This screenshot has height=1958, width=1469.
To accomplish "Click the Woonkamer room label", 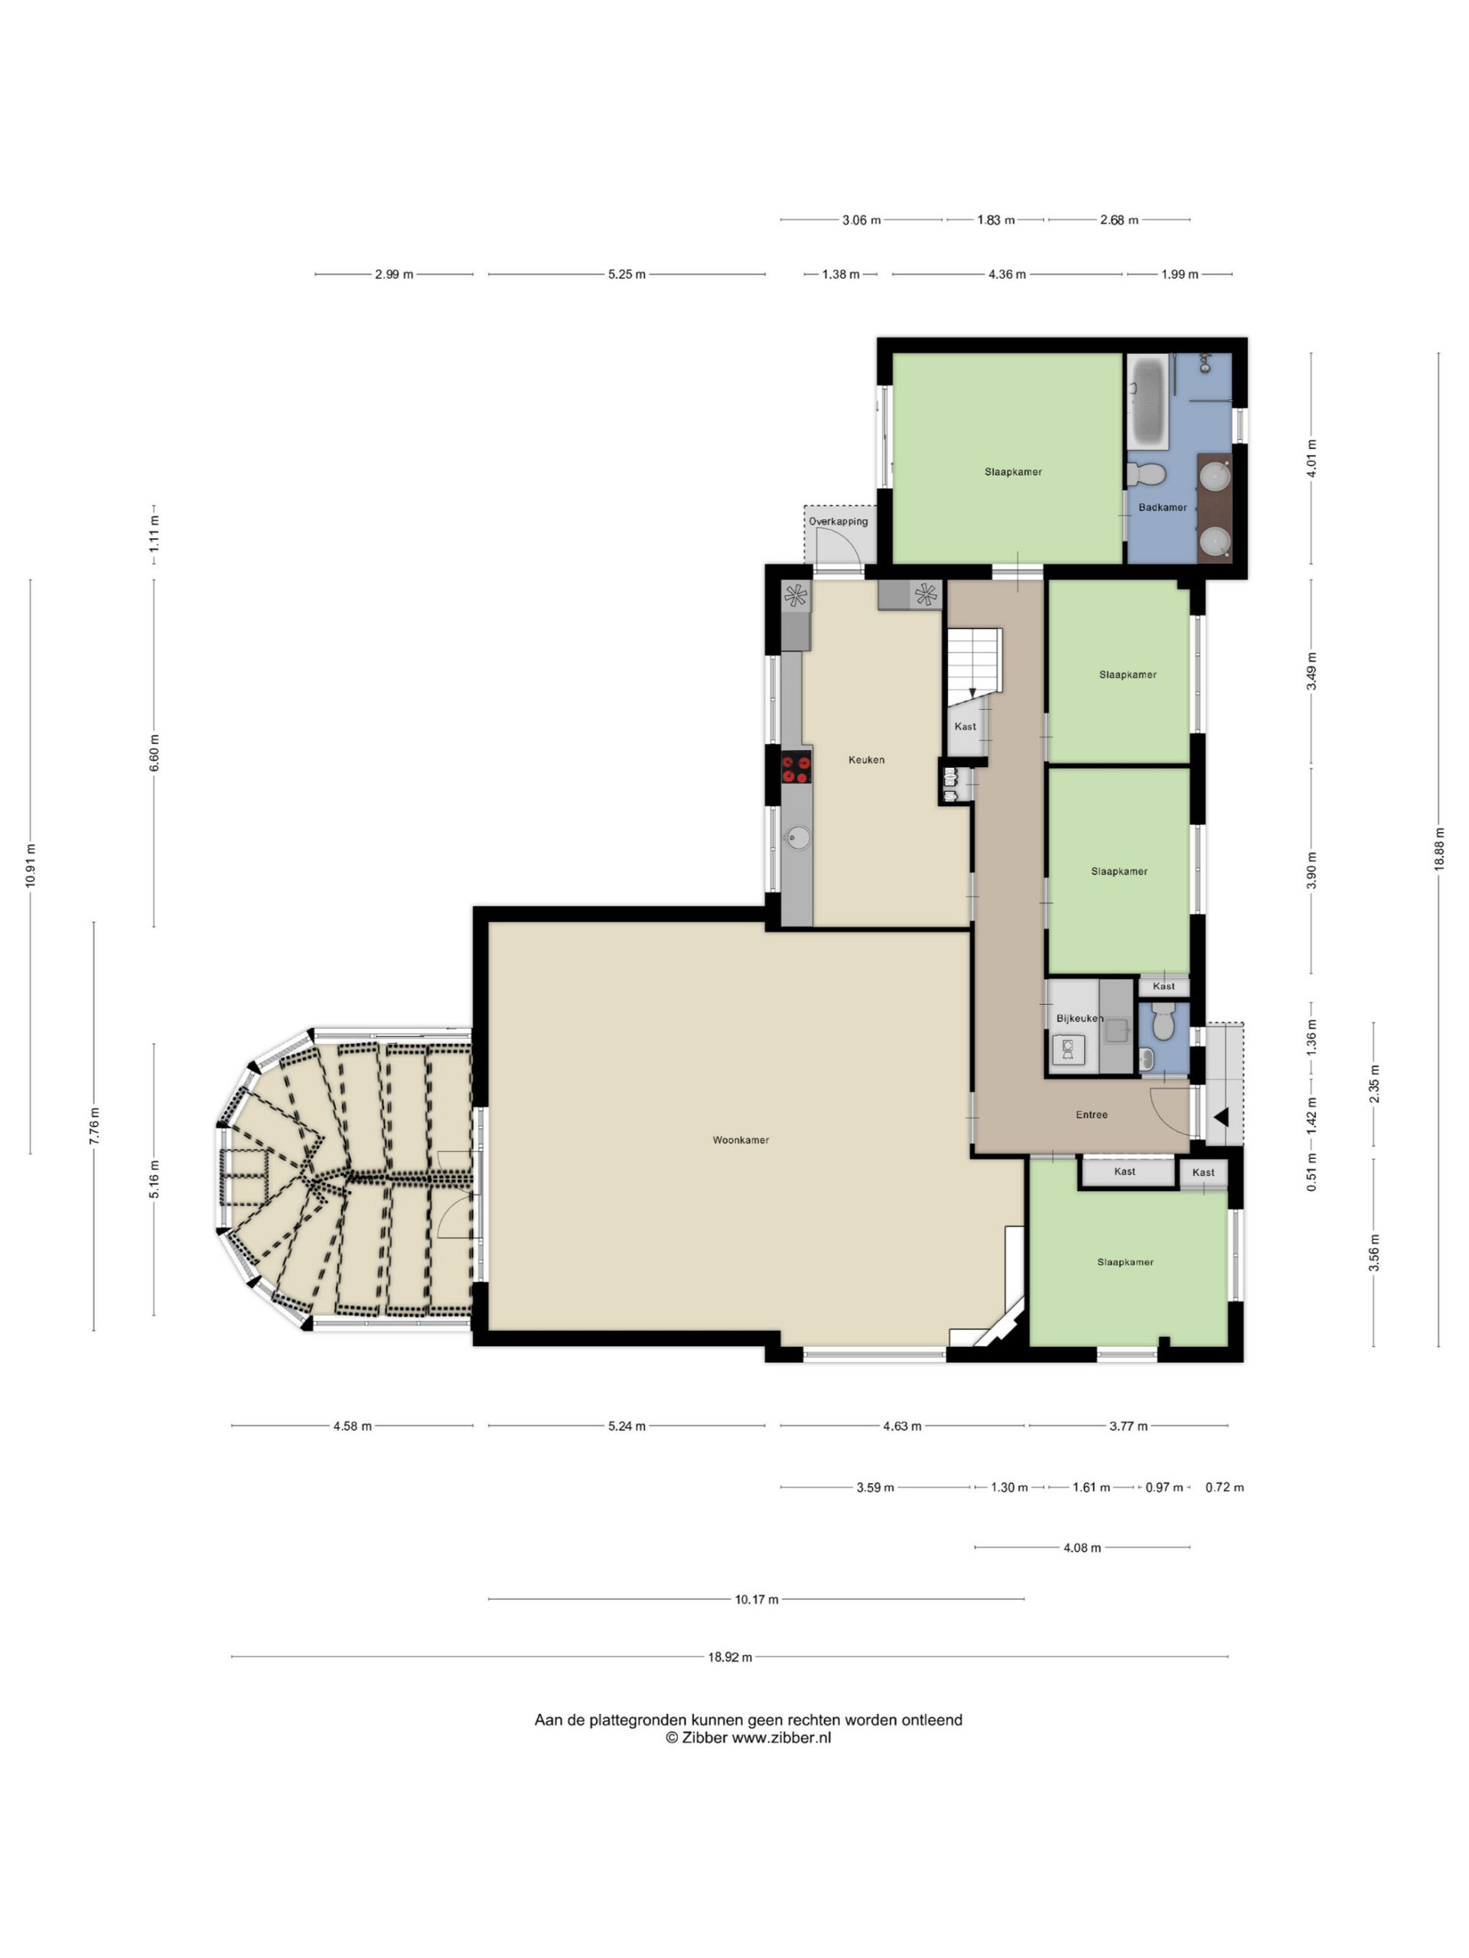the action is tap(741, 1140).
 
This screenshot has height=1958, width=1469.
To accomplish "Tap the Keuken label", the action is tap(866, 759).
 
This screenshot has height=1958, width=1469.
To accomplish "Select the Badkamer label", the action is tap(1163, 507).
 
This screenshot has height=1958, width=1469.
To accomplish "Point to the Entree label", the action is tap(1092, 1114).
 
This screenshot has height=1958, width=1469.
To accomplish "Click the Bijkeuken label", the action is tap(1080, 1019).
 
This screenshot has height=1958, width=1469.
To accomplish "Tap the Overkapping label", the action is tap(838, 522).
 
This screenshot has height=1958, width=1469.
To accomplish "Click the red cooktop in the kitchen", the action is tap(796, 766).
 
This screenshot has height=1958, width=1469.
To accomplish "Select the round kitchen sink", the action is tap(798, 837).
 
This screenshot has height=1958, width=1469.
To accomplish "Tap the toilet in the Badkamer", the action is tap(1146, 474).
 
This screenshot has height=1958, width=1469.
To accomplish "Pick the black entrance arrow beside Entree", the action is tap(1221, 1117).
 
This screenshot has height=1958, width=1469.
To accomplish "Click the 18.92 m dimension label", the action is tap(730, 1657).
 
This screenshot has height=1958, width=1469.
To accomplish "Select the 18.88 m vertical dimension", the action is tap(1439, 850).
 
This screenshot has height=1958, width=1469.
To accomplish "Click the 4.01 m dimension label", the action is tap(1311, 457).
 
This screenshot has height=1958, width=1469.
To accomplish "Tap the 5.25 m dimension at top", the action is tap(626, 275).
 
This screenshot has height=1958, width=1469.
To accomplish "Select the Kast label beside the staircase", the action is tap(965, 727).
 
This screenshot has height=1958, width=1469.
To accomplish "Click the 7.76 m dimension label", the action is tap(94, 1126).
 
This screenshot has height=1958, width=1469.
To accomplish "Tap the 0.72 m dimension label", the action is tap(1225, 1487).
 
